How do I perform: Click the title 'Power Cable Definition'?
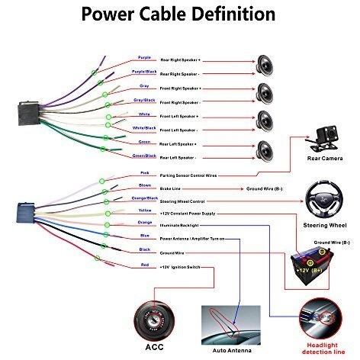[x=179, y=14]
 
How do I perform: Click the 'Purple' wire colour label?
[x=144, y=57]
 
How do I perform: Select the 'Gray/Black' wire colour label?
[x=144, y=99]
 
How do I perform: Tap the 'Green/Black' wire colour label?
[x=144, y=156]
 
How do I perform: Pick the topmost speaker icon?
[x=265, y=62]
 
